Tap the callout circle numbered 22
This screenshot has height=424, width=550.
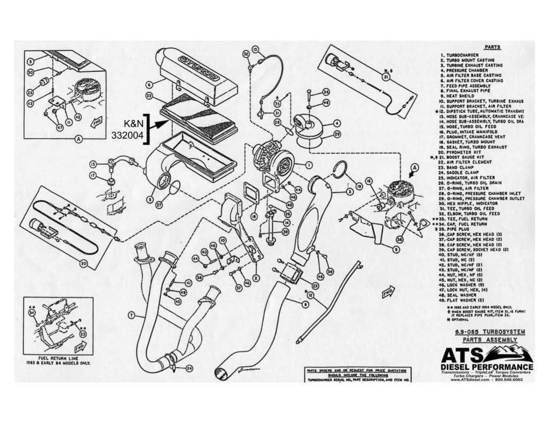pos(149,96)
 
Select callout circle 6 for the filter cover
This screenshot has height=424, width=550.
pos(149,83)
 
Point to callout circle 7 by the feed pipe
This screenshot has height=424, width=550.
pos(131,313)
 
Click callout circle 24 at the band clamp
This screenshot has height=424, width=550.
pos(189,369)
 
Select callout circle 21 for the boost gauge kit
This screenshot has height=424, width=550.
pos(385,77)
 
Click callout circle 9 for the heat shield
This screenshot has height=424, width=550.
pos(395,249)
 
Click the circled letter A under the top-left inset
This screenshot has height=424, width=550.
pos(78,138)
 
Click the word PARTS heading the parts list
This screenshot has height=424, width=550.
pos(492,47)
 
